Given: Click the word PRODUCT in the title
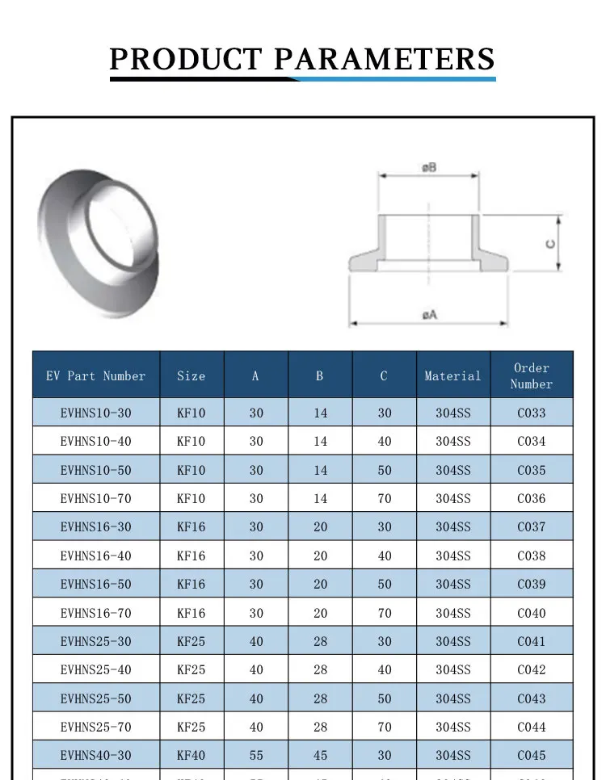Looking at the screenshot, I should click(185, 59).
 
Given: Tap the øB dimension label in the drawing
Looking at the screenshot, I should click(428, 168).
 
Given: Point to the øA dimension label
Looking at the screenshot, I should click(429, 315).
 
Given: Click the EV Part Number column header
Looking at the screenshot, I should click(96, 376).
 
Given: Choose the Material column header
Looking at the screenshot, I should click(452, 376).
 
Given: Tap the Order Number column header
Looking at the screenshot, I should click(531, 376).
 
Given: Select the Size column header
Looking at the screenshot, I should click(191, 376).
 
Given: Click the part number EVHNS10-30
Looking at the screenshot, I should click(95, 413).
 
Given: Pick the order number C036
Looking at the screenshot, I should click(531, 499).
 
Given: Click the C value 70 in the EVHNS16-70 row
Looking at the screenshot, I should click(385, 613).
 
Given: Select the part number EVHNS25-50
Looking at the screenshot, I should click(95, 698).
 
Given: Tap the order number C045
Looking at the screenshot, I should click(531, 756).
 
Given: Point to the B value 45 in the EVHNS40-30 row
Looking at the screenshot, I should click(320, 756).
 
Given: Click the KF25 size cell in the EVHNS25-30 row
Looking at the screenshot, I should click(191, 641).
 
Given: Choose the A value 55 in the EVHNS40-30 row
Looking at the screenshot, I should click(256, 756).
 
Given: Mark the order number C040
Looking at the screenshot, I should click(531, 613).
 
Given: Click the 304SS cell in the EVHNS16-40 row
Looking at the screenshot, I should click(452, 556).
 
